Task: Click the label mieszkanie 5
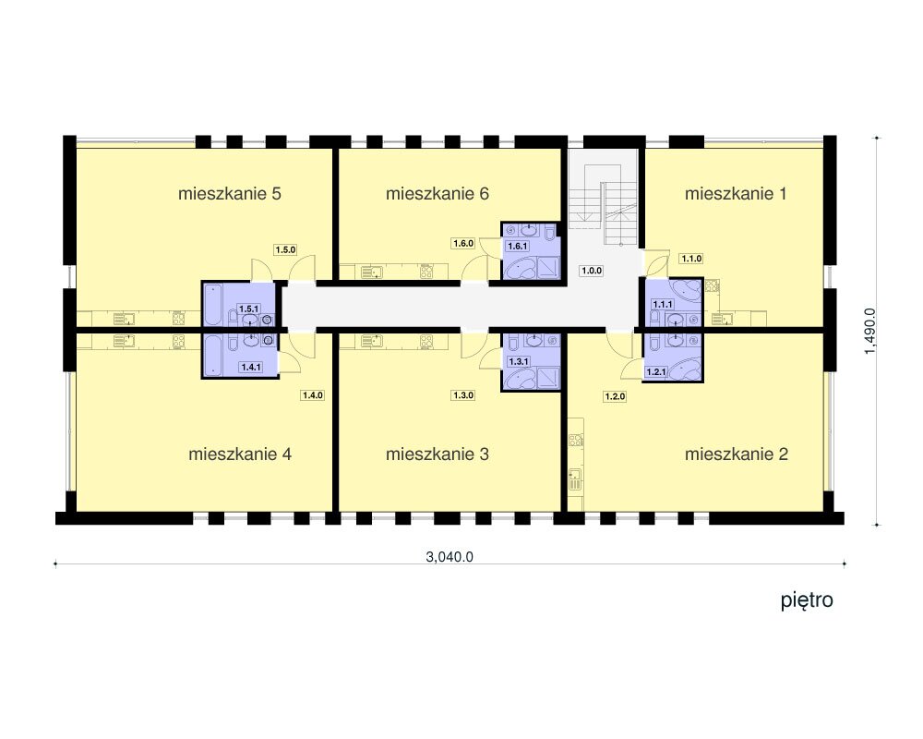230,193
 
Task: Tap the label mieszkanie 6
438,193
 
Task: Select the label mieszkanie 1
736,193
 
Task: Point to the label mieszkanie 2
737,454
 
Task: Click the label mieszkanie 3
438,454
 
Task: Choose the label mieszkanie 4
240,454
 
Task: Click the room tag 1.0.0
592,271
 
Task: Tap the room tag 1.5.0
285,249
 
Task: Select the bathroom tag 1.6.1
518,247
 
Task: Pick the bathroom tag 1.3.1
519,361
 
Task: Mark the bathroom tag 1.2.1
656,372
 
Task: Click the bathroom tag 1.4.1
251,367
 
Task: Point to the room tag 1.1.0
691,258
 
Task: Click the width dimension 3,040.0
450,557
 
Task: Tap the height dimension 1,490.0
870,332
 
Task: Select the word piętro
807,600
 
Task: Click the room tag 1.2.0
615,396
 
